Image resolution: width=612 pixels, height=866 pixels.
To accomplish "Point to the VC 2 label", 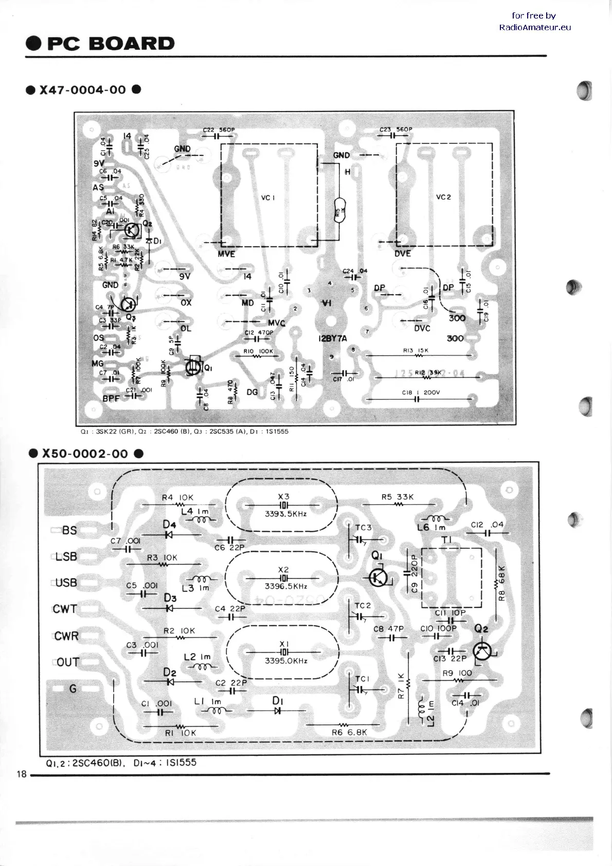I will pos(443,197).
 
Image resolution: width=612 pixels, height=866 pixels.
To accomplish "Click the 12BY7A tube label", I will pos(332,338).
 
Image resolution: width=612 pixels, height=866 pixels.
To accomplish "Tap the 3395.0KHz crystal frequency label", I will pos(285,661).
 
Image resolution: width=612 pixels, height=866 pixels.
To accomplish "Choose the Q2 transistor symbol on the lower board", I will pos(482,651).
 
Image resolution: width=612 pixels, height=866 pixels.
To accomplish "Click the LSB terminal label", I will pos(66,556).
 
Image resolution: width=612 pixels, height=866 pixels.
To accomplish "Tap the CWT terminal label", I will pos(65,609).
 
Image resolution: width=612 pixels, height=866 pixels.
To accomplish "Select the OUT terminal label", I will pos(67,662).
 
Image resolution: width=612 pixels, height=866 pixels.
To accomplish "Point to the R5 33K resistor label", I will pos(397,497).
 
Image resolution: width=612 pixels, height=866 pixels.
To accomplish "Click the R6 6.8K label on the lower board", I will pos(350,732).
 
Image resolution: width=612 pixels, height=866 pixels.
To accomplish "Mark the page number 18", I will pos(22,774).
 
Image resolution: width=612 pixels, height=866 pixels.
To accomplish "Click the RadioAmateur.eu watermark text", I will pos(535,27).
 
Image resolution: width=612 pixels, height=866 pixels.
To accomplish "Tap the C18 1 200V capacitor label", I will pos(421,392).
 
